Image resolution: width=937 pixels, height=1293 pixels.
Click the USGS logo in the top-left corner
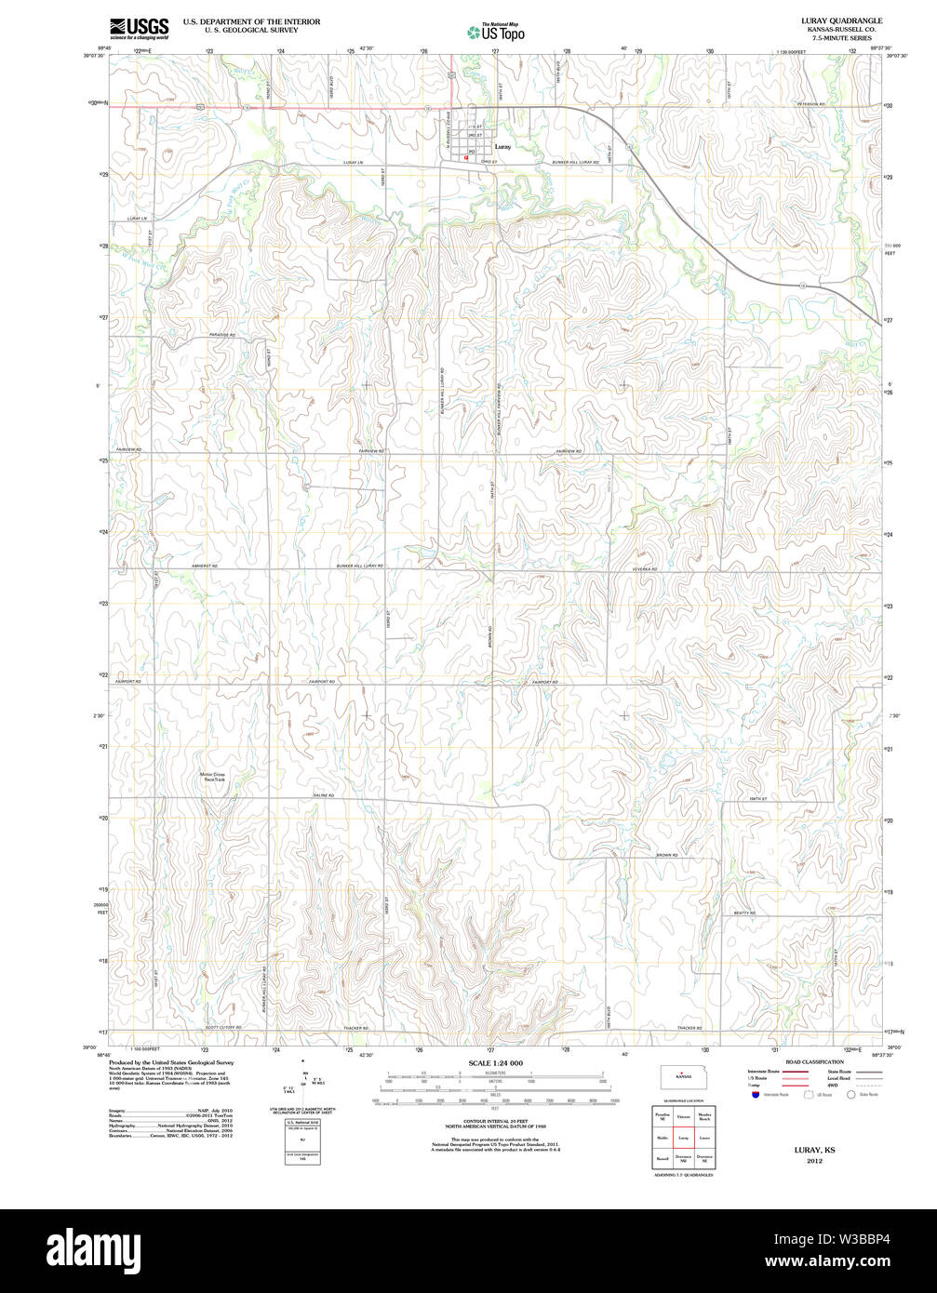[140, 28]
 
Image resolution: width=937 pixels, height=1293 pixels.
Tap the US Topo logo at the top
[495, 32]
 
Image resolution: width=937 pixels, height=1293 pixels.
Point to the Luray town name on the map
[503, 147]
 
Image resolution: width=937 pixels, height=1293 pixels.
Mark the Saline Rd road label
[323, 795]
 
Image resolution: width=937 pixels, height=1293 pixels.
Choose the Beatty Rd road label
[743, 913]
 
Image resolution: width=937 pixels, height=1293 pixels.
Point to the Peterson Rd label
[810, 104]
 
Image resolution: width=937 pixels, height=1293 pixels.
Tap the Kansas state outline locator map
[683, 1078]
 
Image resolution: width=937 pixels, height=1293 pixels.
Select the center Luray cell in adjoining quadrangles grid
[683, 1137]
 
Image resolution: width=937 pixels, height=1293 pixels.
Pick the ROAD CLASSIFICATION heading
[814, 1061]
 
